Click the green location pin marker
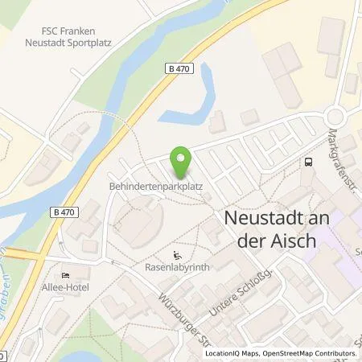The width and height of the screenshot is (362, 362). (182, 163)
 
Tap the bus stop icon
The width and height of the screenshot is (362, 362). (308, 161)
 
